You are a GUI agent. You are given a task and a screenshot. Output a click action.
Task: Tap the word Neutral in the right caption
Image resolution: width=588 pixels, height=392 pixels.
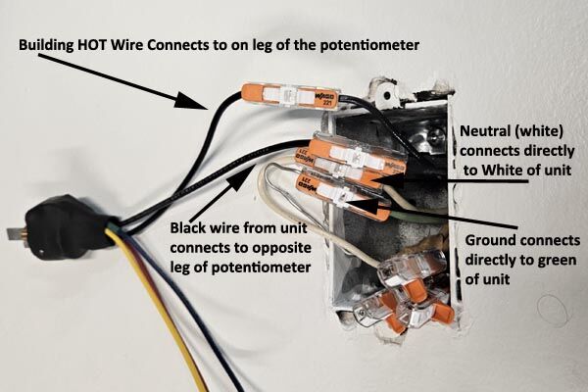486,130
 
